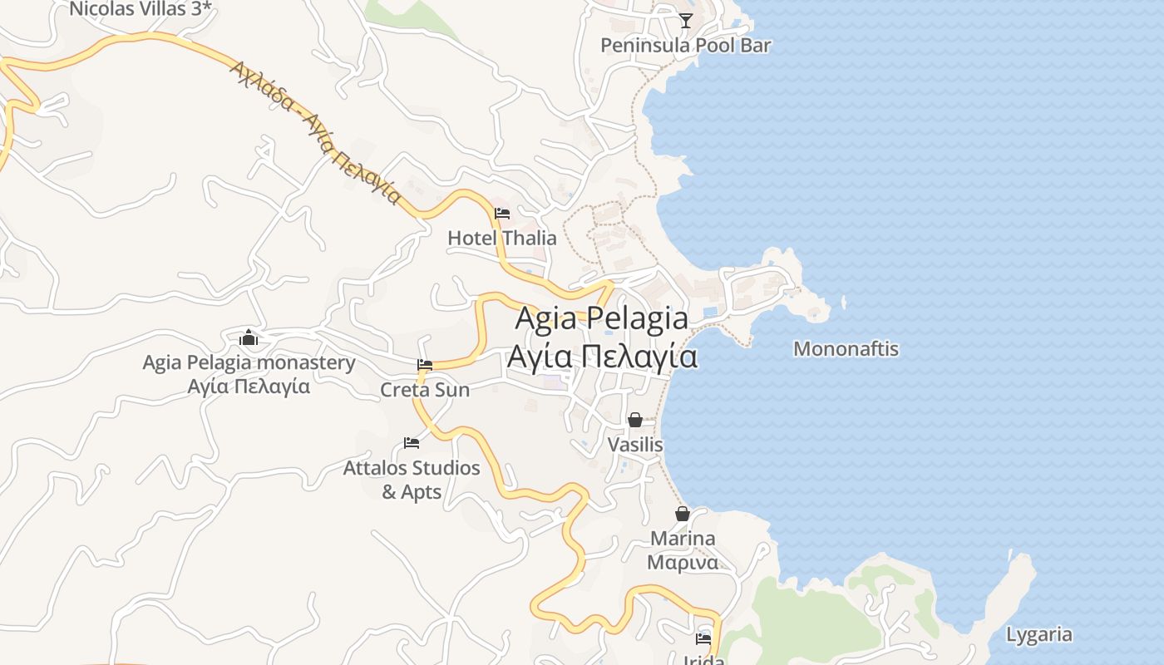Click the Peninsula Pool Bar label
[685, 45]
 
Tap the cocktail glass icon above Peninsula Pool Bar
[685, 21]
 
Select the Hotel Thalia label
[502, 238]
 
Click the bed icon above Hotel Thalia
[502, 214]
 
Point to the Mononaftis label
[846, 348]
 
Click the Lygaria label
[1038, 635]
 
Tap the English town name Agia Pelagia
[602, 318]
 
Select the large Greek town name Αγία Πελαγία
[602, 356]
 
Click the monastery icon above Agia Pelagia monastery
[249, 338]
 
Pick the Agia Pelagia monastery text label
[249, 362]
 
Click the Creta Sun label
[425, 389]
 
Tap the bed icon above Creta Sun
[425, 365]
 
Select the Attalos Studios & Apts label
[412, 480]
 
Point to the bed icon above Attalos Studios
[412, 443]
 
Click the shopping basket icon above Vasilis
[635, 421]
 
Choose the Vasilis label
[635, 445]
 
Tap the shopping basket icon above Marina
[683, 515]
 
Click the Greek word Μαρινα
[683, 562]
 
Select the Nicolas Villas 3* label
[141, 9]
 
